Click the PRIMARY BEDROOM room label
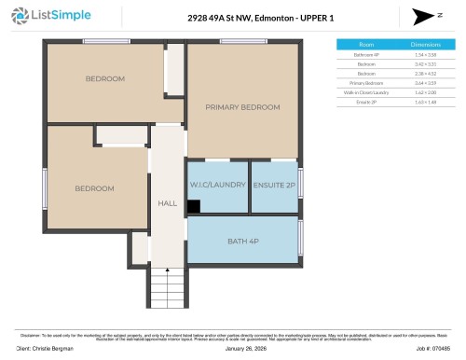(x=242, y=107)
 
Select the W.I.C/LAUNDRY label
(x=218, y=185)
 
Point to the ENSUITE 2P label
(x=274, y=185)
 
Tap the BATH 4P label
(x=242, y=242)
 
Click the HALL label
(x=167, y=201)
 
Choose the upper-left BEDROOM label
(x=105, y=79)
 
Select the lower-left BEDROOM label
(x=94, y=188)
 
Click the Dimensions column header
(x=425, y=44)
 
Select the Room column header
(x=367, y=44)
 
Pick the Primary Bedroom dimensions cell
(x=425, y=83)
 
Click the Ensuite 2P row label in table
(x=367, y=102)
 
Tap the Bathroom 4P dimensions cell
(x=425, y=55)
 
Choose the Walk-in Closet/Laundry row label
(x=367, y=92)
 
